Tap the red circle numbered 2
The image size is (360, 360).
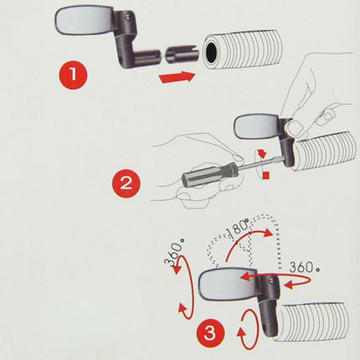pos(126,183)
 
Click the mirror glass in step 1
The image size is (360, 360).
pos(85,18)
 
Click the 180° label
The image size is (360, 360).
pos(238,229)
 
